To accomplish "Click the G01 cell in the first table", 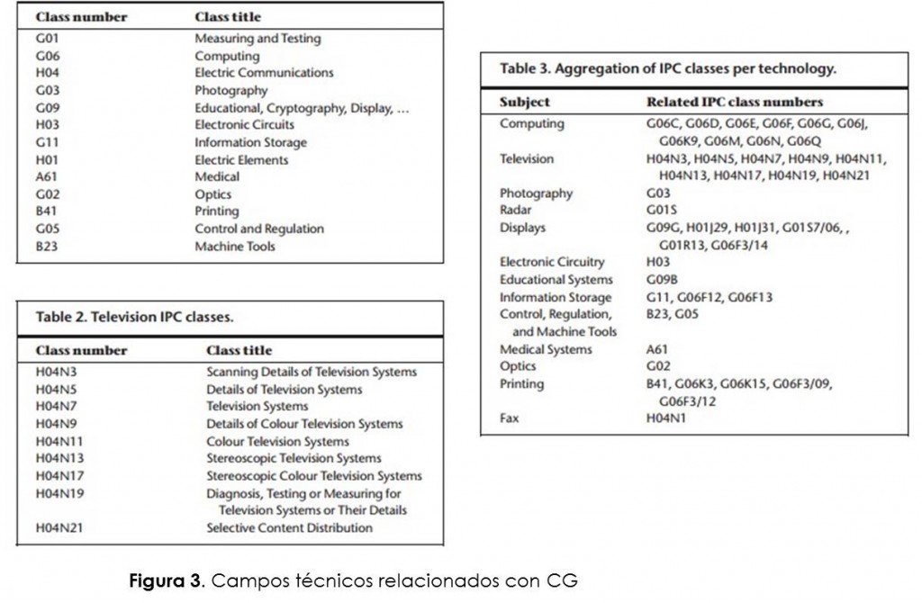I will [47, 39].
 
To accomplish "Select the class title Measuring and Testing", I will [258, 39].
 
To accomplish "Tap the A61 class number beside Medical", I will [47, 177].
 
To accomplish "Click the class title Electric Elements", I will [241, 160].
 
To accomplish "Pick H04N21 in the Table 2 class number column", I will [59, 528].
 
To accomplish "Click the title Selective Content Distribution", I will [289, 528].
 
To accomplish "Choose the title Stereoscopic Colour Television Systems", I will [313, 476].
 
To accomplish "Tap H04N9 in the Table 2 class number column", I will [56, 424].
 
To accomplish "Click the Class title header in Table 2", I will [239, 350].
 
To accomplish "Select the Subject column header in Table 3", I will [524, 102].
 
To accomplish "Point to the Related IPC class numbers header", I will [734, 102].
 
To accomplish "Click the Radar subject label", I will [516, 211].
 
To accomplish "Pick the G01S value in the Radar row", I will [662, 211].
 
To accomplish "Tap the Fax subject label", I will [510, 418].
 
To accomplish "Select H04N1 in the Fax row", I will [666, 418].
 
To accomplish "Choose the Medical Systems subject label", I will [546, 349].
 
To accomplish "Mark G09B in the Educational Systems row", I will [663, 280].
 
